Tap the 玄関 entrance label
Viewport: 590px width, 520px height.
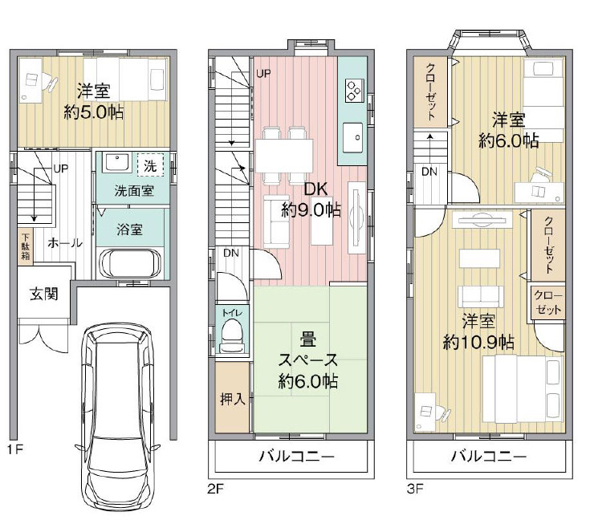pos(44,294)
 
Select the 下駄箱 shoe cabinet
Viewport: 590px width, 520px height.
pos(26,247)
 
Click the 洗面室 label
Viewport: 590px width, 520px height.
pos(129,192)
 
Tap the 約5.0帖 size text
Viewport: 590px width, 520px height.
pos(93,113)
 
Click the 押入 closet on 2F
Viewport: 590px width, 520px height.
pos(232,399)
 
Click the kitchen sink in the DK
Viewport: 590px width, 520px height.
pos(353,136)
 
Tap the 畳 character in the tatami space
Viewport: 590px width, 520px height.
pos(307,338)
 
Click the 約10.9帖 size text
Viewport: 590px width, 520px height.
pos(478,342)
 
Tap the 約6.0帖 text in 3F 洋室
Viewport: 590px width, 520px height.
pos(508,140)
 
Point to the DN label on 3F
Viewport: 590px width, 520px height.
pos(429,171)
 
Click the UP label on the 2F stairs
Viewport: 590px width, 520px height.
pos(263,75)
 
